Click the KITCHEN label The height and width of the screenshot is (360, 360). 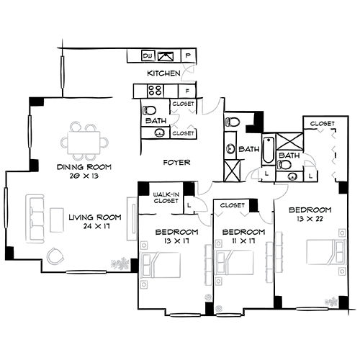[x=163, y=73]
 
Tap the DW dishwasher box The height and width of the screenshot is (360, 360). [x=148, y=55]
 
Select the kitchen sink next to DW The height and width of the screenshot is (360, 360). [x=168, y=55]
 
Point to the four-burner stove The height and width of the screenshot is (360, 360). [x=155, y=91]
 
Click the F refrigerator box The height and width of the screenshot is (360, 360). [x=187, y=91]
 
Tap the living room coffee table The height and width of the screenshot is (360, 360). [x=57, y=219]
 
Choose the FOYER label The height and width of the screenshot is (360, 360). [x=176, y=163]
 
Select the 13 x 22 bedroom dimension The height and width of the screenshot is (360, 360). [x=309, y=219]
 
